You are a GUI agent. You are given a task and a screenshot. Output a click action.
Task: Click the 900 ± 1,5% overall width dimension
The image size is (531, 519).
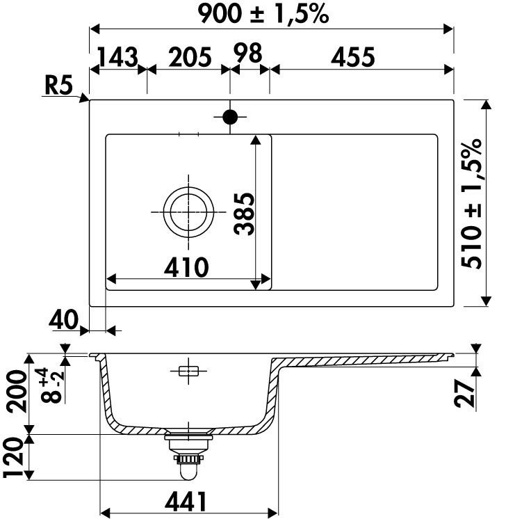click(263, 14)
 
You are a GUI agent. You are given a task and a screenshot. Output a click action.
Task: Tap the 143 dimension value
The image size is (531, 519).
click(118, 56)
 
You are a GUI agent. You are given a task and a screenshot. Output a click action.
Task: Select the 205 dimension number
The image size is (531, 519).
click(190, 56)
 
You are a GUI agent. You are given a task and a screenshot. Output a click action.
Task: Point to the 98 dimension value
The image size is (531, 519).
click(247, 53)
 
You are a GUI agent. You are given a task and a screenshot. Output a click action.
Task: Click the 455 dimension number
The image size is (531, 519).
click(353, 56)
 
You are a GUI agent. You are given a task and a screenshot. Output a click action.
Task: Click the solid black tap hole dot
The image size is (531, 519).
click(230, 117)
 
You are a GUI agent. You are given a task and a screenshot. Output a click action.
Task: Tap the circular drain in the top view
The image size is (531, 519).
click(188, 212)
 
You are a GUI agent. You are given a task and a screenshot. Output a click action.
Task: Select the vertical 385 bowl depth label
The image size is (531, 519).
click(244, 214)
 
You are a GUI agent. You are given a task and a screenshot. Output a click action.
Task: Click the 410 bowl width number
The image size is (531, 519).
click(186, 267)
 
